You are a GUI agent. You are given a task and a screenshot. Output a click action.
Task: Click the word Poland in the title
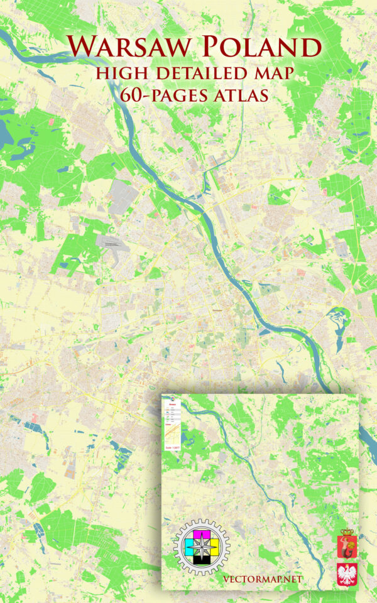261,48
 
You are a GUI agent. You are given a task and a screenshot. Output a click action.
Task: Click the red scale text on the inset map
172,447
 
